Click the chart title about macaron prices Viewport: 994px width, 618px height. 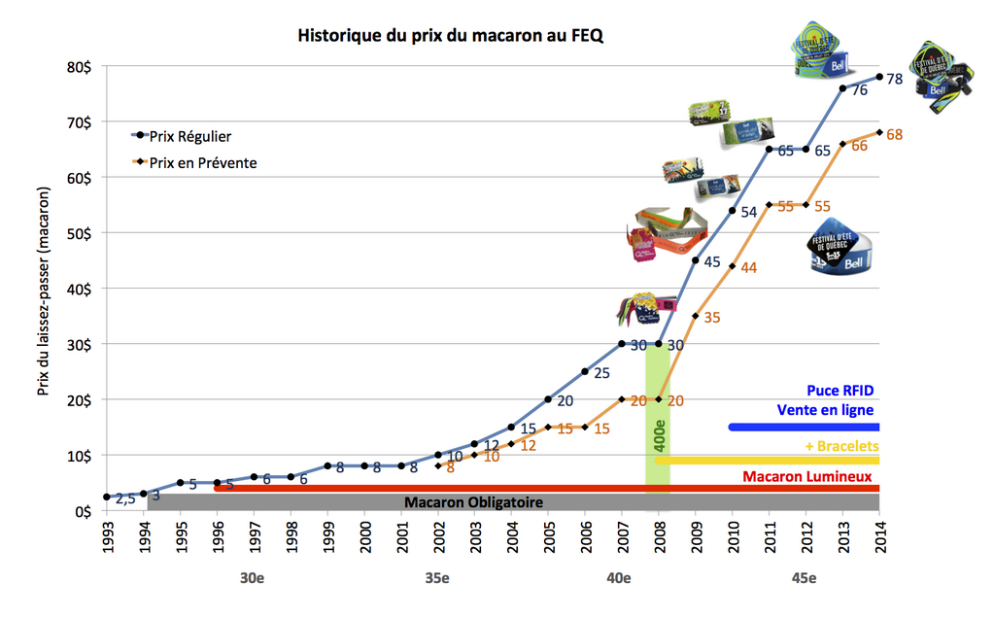pos(450,36)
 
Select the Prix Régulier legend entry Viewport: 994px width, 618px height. pos(190,137)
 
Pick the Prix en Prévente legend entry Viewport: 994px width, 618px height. pos(203,163)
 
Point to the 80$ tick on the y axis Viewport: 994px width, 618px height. pos(80,67)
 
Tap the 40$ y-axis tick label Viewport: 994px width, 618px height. pos(80,289)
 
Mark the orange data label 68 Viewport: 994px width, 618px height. pos(896,134)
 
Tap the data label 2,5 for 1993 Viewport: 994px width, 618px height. pos(125,498)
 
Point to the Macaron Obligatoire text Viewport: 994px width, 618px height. pos(473,502)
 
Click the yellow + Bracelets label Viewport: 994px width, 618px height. pos(840,446)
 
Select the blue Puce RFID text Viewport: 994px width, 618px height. pos(840,391)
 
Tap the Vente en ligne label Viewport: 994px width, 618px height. pos(825,410)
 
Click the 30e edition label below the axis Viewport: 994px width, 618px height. pos(252,579)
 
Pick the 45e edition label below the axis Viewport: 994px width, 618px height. pos(804,579)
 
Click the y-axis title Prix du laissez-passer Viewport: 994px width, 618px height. pos(44,291)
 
